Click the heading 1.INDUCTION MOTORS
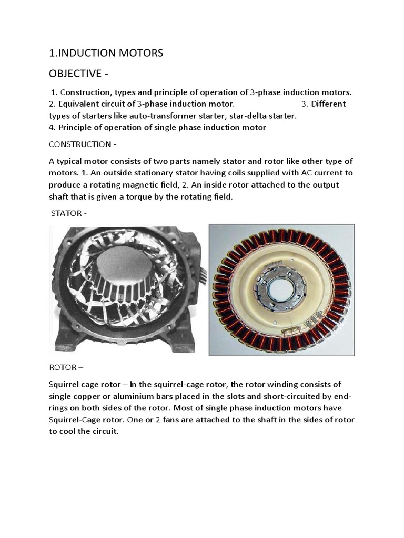click(106, 53)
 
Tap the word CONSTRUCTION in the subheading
click(79, 144)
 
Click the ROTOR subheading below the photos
click(63, 367)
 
